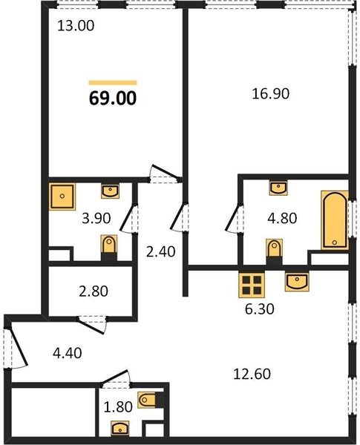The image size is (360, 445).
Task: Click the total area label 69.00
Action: [113, 99]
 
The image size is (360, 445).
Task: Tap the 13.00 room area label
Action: [76, 26]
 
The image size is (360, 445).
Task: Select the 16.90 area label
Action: [270, 93]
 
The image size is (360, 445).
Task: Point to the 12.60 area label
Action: [252, 374]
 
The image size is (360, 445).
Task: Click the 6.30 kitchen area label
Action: [259, 309]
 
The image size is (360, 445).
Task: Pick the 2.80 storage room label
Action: [94, 291]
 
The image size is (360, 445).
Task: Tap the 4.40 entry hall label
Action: [68, 353]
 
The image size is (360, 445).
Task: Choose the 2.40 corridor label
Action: [160, 251]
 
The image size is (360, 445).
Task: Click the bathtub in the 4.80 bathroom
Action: [335, 220]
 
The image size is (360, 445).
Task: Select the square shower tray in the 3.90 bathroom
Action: [62, 197]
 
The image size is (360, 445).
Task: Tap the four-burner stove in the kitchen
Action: [252, 285]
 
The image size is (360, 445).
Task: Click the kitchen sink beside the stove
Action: [297, 282]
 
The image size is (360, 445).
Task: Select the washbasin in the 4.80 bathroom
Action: [278, 188]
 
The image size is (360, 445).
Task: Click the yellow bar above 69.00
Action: [113, 83]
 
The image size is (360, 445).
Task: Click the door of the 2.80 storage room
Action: [92, 323]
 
